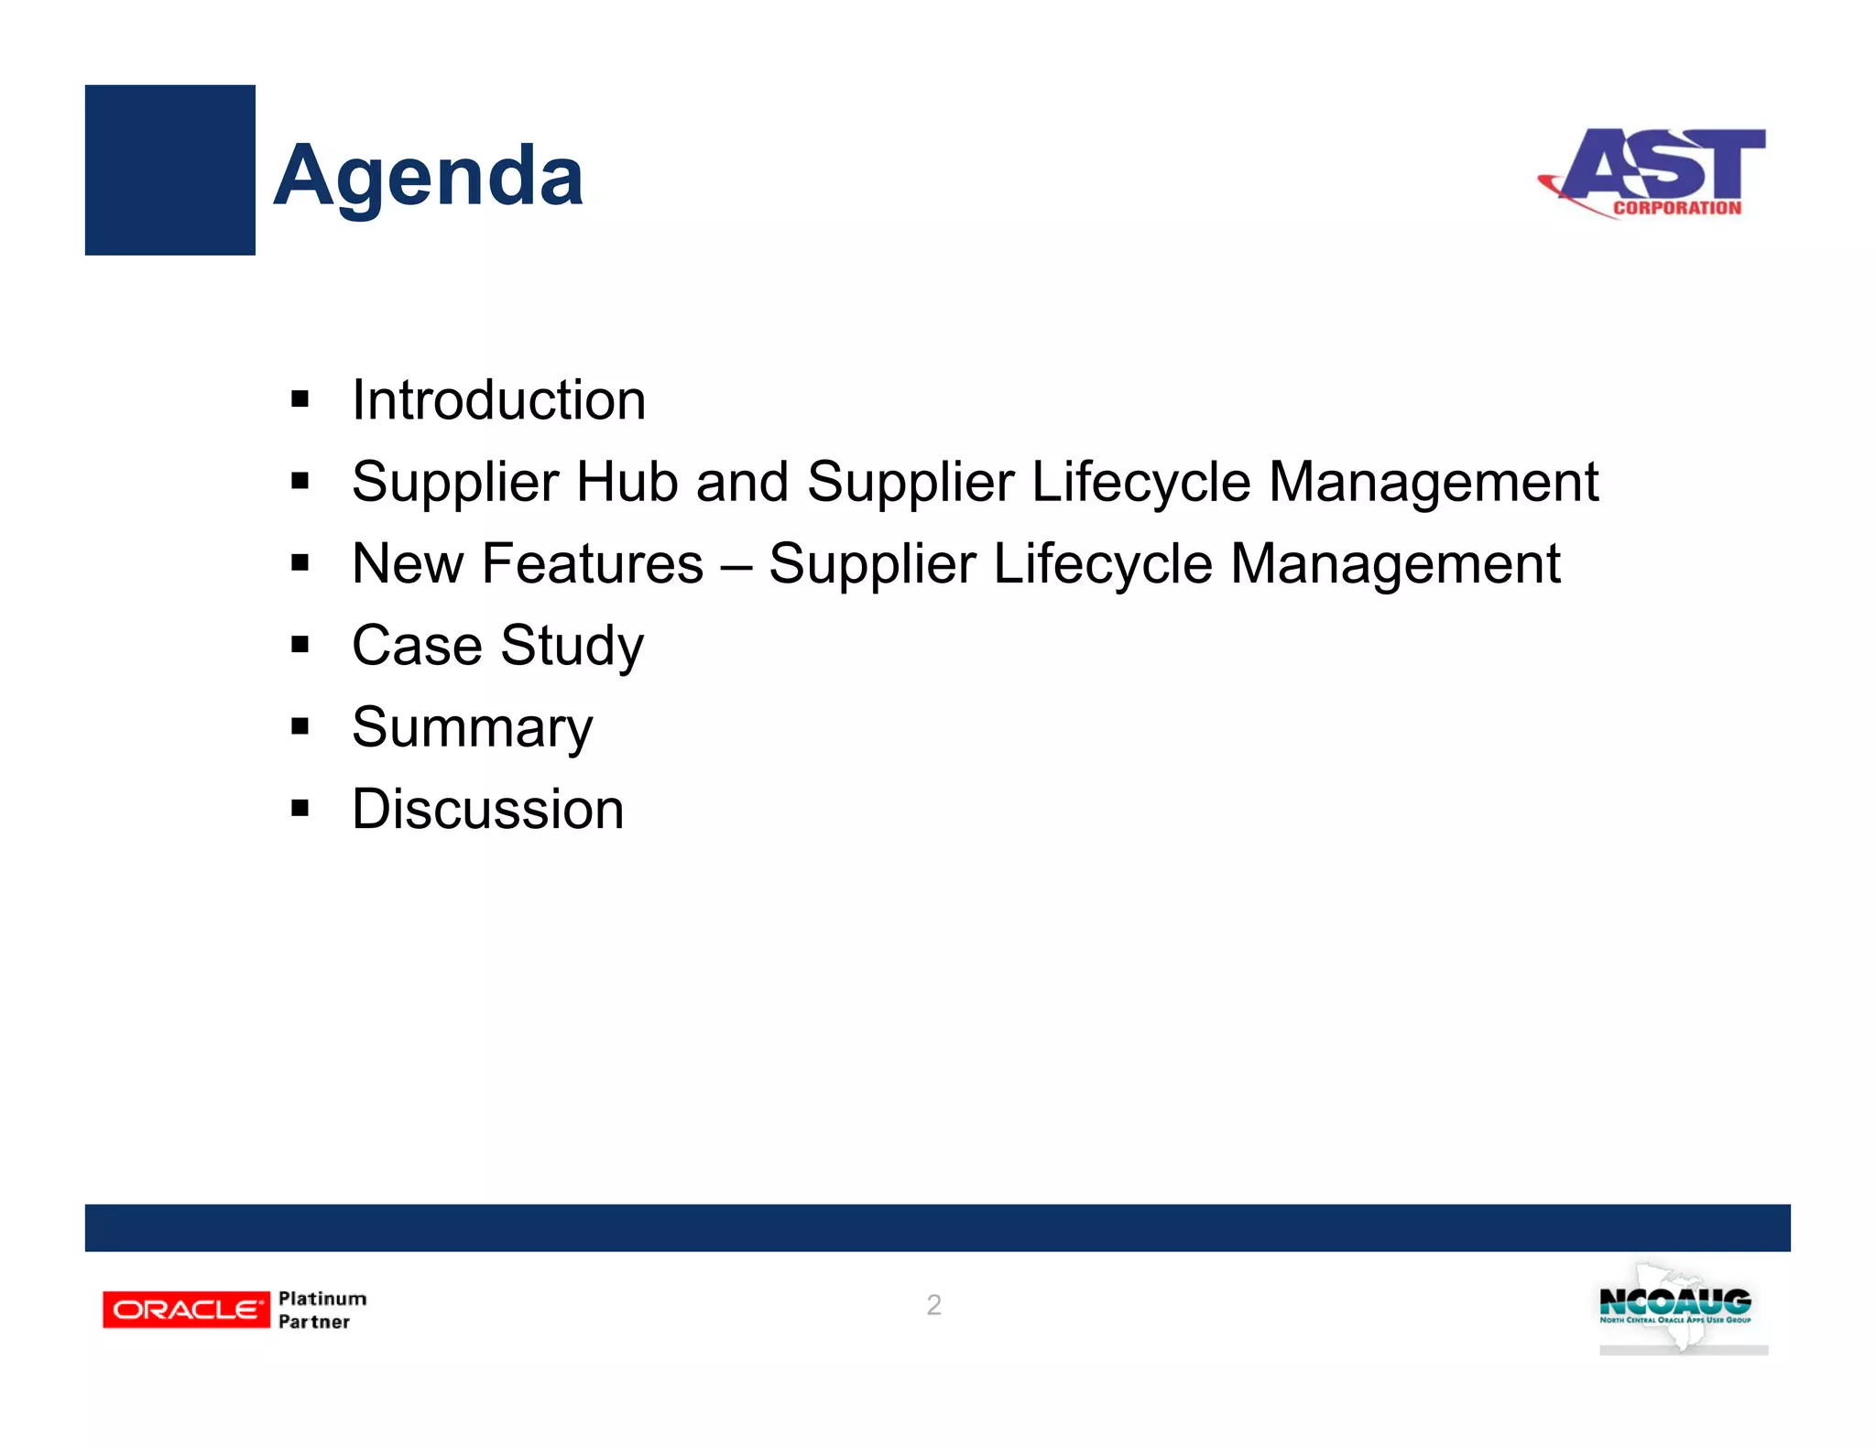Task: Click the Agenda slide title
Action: click(428, 176)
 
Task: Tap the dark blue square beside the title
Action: click(169, 169)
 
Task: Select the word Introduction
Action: click(498, 400)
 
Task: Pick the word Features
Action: click(592, 563)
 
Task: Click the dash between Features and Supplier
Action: click(736, 565)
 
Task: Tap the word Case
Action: click(417, 646)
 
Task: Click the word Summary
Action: click(472, 728)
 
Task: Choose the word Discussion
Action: click(487, 810)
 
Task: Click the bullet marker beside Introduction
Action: click(300, 399)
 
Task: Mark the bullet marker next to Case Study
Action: click(300, 645)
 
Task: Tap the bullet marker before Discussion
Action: click(300, 809)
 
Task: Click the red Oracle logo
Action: click(186, 1310)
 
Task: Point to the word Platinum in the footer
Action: click(322, 1299)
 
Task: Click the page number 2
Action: click(933, 1305)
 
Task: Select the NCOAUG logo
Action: click(1675, 1307)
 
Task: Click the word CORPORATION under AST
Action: click(1676, 208)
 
